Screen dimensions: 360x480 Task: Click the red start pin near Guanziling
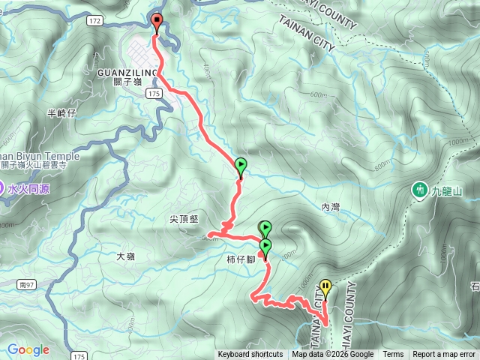click(x=157, y=22)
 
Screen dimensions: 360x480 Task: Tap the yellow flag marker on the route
click(x=325, y=287)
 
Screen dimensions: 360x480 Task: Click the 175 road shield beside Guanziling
click(x=154, y=92)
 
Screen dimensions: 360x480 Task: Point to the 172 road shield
click(x=94, y=22)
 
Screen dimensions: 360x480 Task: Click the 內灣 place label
click(x=330, y=205)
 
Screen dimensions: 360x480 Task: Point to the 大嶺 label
click(x=126, y=256)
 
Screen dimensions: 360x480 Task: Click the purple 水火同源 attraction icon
click(x=2, y=189)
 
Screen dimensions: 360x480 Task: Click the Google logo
click(x=28, y=349)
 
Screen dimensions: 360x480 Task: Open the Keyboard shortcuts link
click(x=250, y=355)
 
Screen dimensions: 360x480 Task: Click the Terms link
click(x=393, y=355)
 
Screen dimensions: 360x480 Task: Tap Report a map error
click(x=444, y=355)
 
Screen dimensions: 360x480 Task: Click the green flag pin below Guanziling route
click(x=241, y=166)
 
